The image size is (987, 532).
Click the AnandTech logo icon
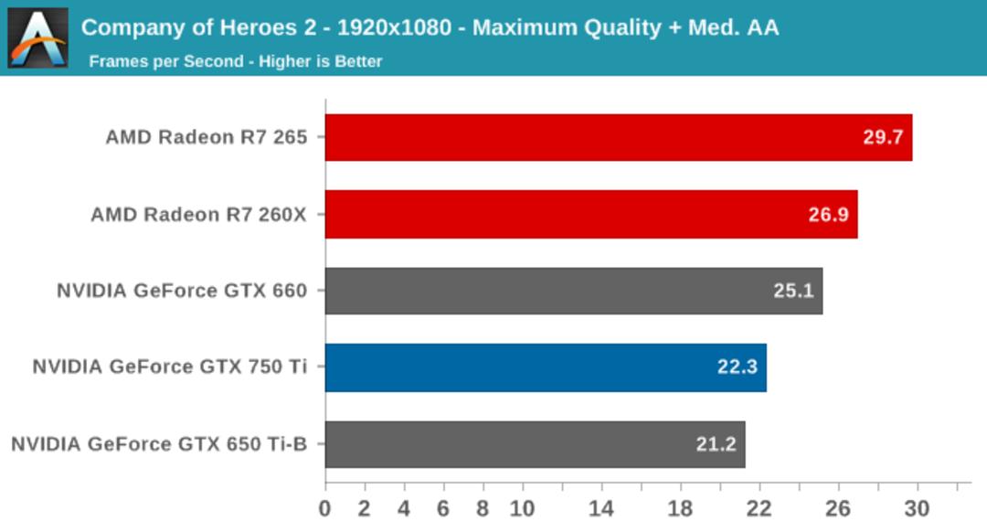[37, 37]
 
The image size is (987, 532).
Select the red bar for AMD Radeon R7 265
[619, 137]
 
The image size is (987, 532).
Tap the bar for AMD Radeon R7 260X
[591, 214]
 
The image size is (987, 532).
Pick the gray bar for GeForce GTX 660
[574, 291]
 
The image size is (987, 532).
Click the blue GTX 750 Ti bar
[546, 367]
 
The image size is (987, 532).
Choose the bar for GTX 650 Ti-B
[535, 444]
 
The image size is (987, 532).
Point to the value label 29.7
[883, 137]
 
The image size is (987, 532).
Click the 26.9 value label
[828, 215]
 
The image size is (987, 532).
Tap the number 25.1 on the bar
[794, 291]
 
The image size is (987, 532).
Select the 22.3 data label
[738, 367]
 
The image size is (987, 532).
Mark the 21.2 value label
[716, 444]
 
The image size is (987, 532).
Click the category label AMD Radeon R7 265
[207, 137]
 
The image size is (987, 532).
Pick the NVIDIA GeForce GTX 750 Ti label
[170, 367]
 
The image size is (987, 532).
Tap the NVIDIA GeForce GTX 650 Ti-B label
[159, 444]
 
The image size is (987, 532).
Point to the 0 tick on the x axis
[324, 509]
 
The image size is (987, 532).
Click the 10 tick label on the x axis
[523, 509]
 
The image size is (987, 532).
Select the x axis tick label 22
[759, 509]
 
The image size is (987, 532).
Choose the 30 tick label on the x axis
[918, 509]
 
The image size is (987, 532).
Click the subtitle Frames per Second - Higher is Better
[236, 61]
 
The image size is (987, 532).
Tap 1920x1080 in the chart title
[395, 27]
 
